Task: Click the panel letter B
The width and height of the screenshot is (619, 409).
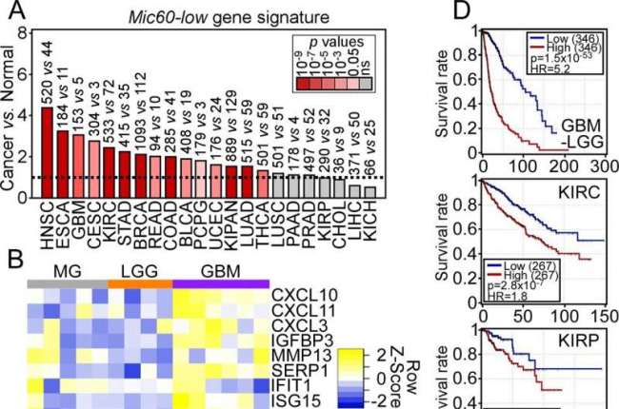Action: (15, 256)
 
